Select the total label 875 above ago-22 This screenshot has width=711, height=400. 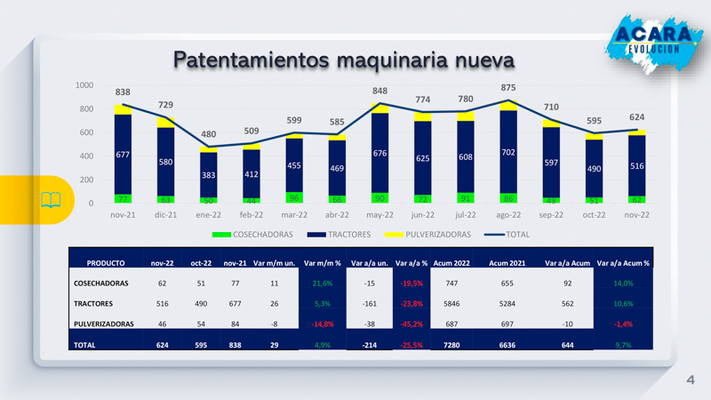pos(507,87)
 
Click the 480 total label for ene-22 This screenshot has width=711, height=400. pos(208,134)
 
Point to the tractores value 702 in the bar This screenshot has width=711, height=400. pos(507,152)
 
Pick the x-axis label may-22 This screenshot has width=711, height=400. pos(379,215)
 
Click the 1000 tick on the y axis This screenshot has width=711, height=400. pos(84,85)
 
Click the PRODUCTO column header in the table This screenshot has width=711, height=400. pos(106,263)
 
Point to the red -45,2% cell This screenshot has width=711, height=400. pos(411,324)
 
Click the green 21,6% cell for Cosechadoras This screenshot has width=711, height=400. pos(322,284)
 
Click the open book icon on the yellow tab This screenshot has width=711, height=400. pos(51,199)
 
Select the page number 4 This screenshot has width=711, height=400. pos(689,380)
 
